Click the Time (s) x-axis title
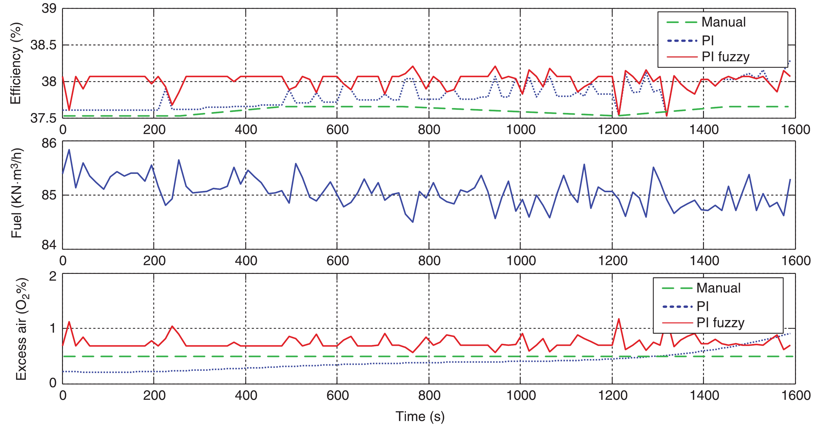coord(420,416)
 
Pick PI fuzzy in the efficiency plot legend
coord(725,57)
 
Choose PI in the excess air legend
coord(702,306)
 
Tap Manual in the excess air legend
coord(718,288)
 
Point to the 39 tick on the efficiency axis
coord(49,9)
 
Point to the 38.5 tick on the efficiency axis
coord(43,45)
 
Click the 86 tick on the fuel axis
coord(49,143)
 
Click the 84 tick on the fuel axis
coord(49,245)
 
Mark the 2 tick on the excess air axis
coord(53,276)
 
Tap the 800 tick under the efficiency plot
coord(429,130)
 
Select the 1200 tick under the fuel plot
coord(612,261)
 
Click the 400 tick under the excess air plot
coord(246,395)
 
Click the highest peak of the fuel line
coord(69,150)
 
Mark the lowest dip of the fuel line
coord(413,222)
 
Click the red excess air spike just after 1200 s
coord(618,319)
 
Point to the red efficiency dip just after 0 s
coord(69,110)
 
